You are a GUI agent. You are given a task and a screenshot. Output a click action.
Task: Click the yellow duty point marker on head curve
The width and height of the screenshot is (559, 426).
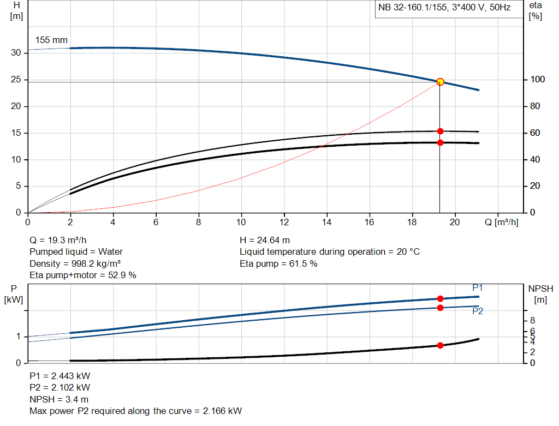click(x=440, y=82)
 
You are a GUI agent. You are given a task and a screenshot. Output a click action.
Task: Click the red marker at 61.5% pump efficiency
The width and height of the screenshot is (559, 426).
click(x=440, y=131)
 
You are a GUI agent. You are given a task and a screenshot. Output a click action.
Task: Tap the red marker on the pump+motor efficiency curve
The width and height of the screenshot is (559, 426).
click(x=440, y=142)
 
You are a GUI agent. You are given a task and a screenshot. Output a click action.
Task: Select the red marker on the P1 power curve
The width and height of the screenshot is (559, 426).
click(x=440, y=298)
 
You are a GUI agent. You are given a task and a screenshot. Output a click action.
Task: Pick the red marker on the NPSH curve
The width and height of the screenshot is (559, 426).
click(x=440, y=345)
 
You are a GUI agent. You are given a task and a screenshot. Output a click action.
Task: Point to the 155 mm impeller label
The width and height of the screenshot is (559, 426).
click(x=51, y=40)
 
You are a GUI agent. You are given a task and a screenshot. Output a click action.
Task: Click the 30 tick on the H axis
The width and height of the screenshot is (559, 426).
click(x=16, y=53)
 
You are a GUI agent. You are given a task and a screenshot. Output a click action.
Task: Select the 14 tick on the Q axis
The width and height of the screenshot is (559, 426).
click(x=326, y=222)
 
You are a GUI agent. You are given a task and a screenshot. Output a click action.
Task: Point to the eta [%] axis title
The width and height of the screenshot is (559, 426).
click(x=535, y=11)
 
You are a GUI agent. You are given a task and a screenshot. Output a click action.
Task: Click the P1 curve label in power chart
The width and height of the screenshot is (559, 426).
click(x=477, y=288)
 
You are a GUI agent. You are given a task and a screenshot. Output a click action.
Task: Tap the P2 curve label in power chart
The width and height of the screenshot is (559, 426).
click(x=477, y=311)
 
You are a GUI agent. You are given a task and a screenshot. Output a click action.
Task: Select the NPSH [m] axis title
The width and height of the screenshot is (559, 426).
click(x=540, y=293)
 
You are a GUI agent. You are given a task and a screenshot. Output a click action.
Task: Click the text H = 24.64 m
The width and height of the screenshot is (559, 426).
click(x=265, y=240)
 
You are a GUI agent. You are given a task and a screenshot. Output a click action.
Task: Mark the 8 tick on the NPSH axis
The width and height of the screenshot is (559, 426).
click(x=532, y=320)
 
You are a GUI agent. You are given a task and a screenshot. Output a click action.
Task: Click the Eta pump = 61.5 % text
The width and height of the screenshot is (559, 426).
click(x=278, y=263)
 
